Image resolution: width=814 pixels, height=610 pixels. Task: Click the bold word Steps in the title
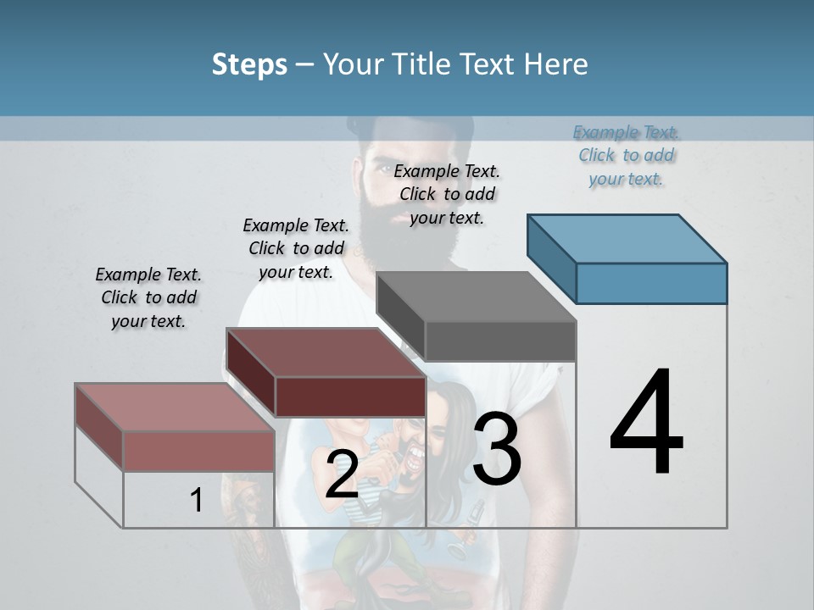(249, 64)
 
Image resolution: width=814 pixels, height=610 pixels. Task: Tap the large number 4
(646, 423)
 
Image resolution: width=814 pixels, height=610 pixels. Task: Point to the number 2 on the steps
(342, 474)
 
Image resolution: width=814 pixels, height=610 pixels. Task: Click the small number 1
(196, 500)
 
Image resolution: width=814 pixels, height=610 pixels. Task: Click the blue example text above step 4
(627, 155)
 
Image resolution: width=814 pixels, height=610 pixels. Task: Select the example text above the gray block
(447, 194)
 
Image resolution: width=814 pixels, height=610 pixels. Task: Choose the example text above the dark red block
(296, 248)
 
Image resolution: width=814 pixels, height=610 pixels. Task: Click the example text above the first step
(148, 297)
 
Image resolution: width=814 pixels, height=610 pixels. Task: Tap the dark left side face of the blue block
(551, 258)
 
